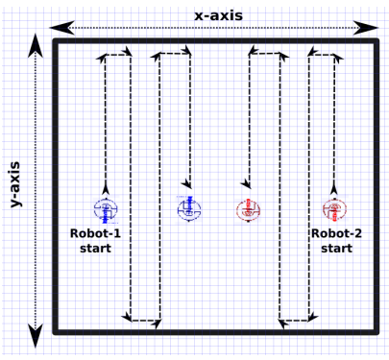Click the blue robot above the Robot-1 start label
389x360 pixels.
pos(105,209)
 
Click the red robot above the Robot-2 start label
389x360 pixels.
pos(334,209)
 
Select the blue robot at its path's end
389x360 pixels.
pos(188,208)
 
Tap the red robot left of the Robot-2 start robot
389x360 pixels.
pos(247,210)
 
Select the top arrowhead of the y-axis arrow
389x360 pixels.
pos(36,46)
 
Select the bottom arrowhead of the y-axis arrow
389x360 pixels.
pos(36,338)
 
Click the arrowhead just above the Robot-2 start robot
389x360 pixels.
pos(334,190)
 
